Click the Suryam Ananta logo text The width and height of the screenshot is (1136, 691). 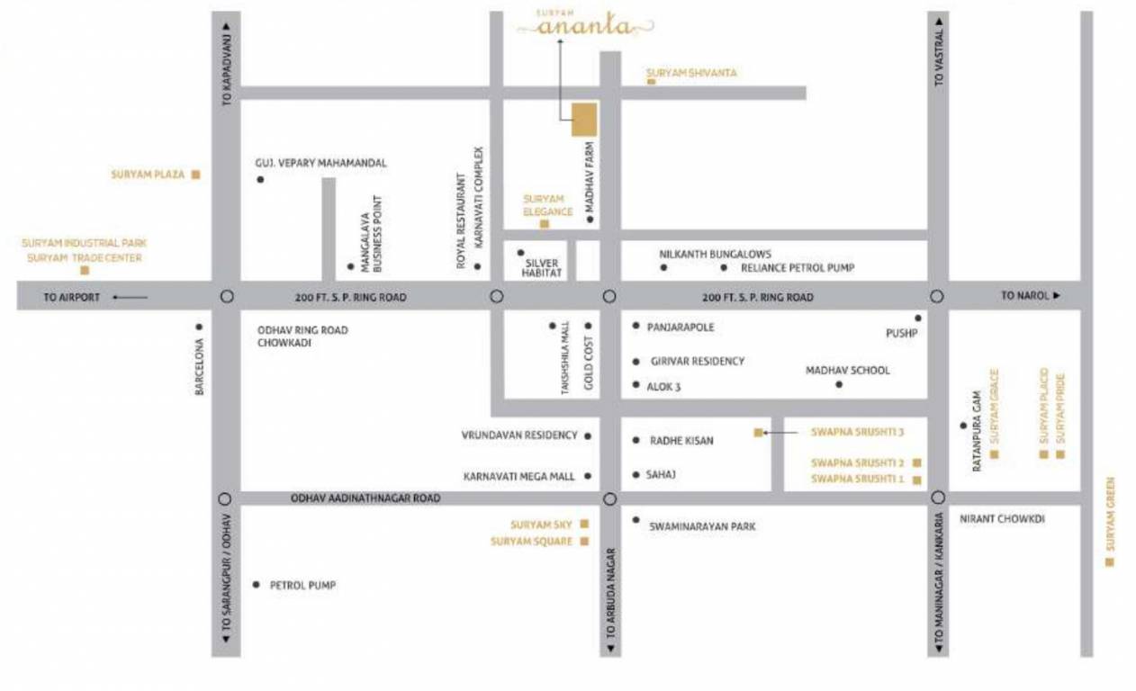click(x=585, y=27)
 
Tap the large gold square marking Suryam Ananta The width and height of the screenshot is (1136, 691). click(x=584, y=120)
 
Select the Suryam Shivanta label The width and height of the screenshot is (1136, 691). click(x=691, y=73)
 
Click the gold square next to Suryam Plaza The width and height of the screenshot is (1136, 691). click(x=195, y=175)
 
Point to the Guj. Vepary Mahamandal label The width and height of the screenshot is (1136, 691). click(x=321, y=163)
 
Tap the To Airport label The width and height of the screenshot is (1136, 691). click(x=72, y=297)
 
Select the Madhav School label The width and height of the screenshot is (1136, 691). click(x=847, y=371)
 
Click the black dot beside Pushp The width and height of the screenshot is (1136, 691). click(x=918, y=318)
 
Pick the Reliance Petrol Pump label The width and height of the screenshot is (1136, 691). click(x=798, y=268)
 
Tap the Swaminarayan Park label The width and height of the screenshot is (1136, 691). click(x=703, y=525)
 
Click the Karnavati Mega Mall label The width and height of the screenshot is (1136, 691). click(x=518, y=476)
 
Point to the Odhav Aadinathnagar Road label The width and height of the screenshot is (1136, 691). click(x=365, y=498)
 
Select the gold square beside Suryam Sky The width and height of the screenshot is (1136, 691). click(x=584, y=524)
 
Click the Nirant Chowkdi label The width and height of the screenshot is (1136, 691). click(x=1002, y=519)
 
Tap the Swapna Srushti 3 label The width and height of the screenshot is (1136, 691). click(x=857, y=433)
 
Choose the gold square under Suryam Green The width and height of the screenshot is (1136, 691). click(x=1109, y=562)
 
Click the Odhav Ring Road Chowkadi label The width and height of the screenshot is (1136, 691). click(x=302, y=337)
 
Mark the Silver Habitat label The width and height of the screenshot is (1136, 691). click(x=543, y=266)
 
